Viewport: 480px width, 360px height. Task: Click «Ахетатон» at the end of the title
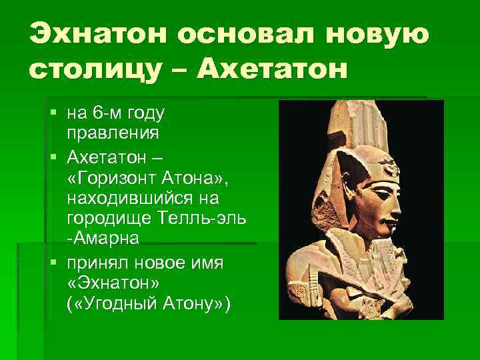(271, 69)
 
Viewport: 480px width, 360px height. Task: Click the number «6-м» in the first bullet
(104, 111)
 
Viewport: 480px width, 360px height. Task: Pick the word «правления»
(112, 132)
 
